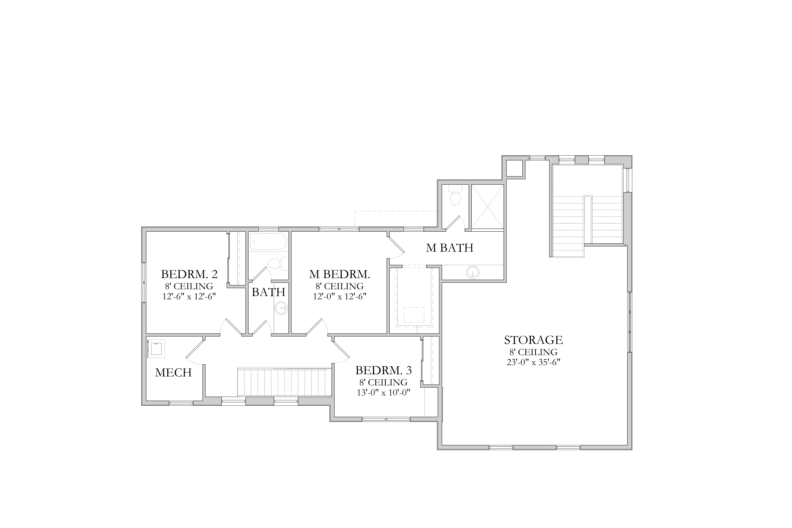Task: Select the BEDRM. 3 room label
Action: [384, 370]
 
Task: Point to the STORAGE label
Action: [533, 340]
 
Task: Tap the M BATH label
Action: [450, 248]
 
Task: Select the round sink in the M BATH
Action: [473, 272]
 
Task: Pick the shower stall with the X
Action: [487, 206]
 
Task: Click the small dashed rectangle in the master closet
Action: [414, 315]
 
